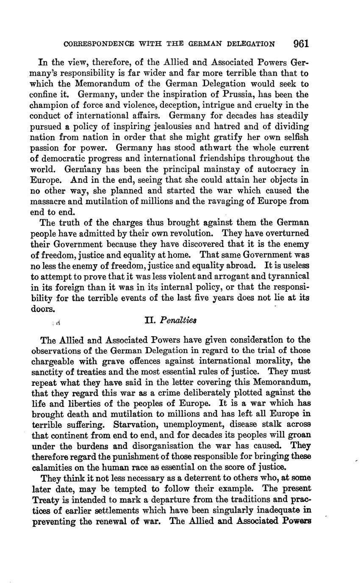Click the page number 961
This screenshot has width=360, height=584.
[x=301, y=44]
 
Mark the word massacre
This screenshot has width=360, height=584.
[x=47, y=202]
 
